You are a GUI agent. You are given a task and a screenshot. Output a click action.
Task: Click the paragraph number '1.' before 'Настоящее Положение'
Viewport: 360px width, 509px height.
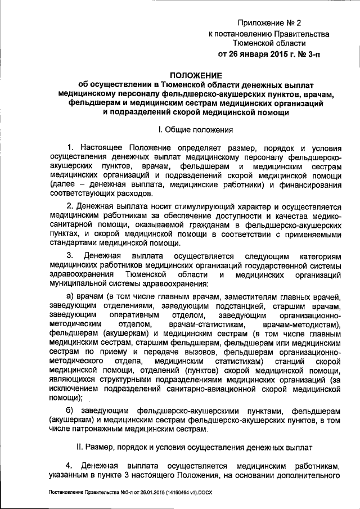[70, 147]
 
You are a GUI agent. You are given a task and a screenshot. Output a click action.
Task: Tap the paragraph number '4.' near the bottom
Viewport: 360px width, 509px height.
[70, 466]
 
